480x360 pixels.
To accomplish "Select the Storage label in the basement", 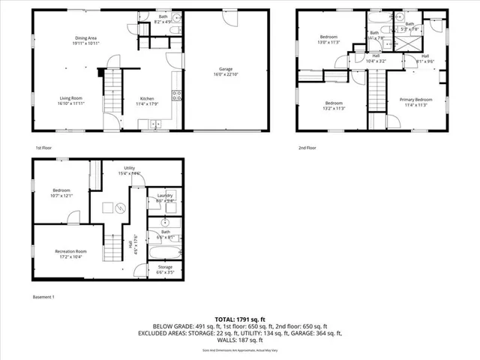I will pos(165,268).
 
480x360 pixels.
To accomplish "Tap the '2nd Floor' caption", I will pos(307,148).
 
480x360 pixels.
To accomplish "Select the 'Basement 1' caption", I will pos(43,297).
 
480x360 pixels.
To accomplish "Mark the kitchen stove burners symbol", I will pos(177,95).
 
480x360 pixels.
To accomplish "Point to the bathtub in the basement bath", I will pos(164,252).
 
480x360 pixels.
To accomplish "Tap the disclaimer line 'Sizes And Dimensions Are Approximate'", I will pos(240,349).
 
